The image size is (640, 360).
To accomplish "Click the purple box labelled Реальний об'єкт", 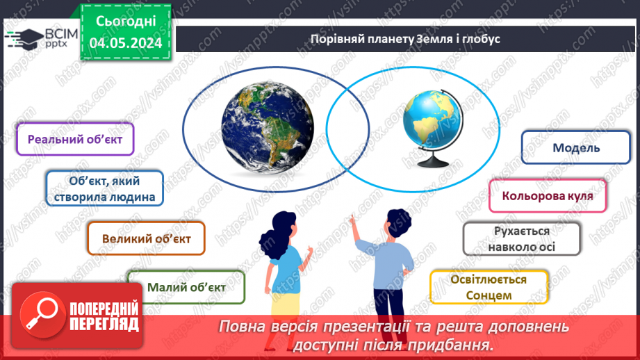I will [75, 139].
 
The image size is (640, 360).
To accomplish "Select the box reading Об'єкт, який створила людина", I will [105, 188].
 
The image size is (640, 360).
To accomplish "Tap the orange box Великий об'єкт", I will [146, 238].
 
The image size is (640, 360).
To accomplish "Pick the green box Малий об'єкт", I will [186, 287].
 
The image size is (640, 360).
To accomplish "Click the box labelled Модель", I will [576, 147].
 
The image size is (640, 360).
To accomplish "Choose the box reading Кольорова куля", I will [548, 196].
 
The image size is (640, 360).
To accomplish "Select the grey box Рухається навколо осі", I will [522, 238].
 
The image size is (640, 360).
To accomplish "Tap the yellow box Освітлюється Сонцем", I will [489, 287].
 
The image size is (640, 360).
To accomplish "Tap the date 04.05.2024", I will [125, 43].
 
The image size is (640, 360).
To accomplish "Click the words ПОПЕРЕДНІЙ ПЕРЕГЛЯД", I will [104, 316].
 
